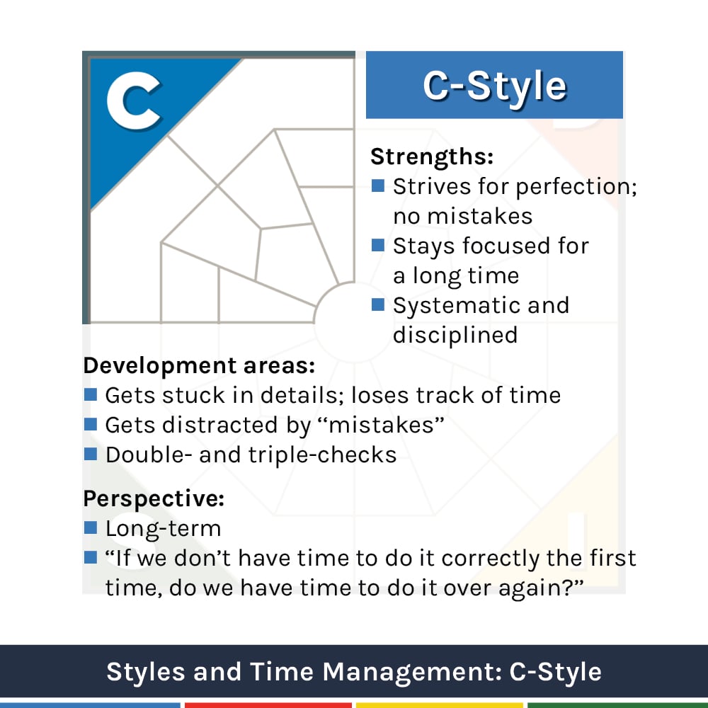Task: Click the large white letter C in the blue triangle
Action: [x=134, y=102]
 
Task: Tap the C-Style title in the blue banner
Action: [x=494, y=86]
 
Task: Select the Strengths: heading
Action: [x=431, y=156]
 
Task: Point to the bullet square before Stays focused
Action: [x=378, y=246]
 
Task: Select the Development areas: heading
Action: [x=199, y=366]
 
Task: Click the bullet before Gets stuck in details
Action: [x=90, y=394]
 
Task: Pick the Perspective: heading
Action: [x=154, y=498]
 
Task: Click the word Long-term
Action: [x=163, y=528]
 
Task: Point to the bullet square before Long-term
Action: [x=90, y=527]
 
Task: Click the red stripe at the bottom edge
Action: [x=268, y=704]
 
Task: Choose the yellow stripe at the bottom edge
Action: [x=439, y=704]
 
